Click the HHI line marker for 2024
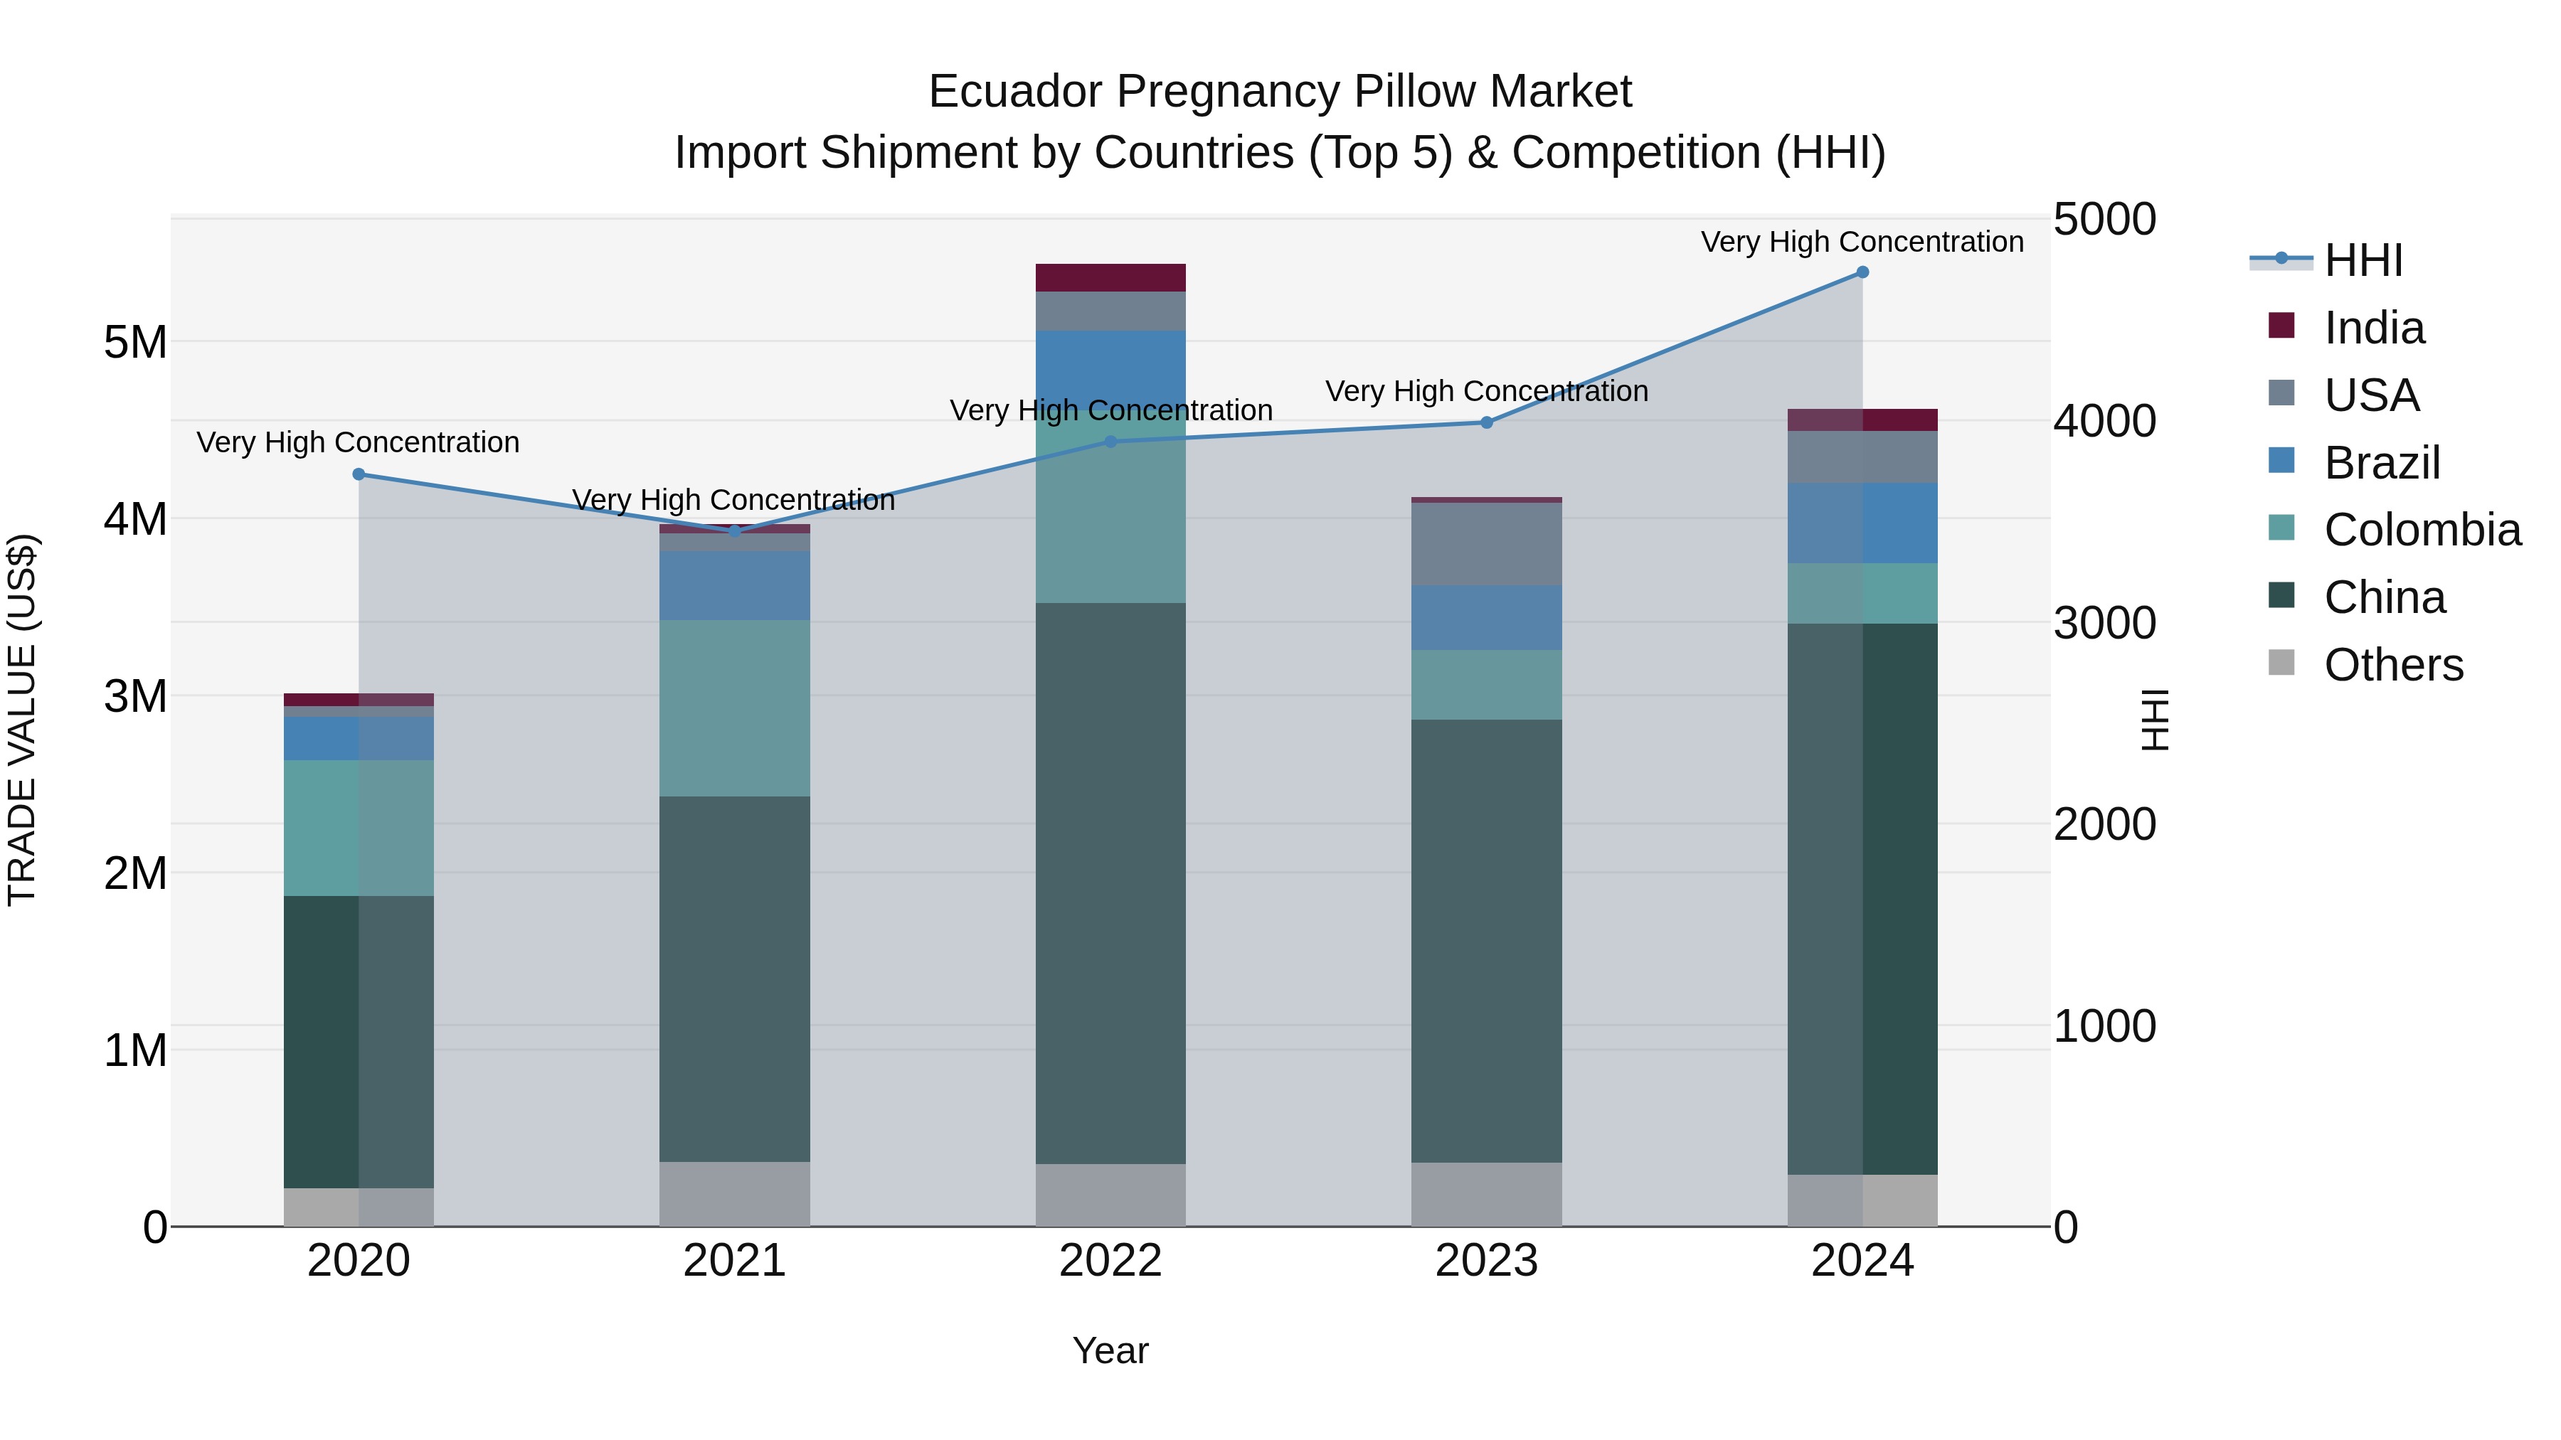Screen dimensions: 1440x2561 (1862, 272)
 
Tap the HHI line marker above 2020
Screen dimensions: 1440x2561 (359, 474)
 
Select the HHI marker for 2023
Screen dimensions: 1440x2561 (1486, 422)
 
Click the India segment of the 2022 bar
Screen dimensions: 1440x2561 (1110, 277)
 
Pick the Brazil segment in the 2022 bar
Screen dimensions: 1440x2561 (1110, 368)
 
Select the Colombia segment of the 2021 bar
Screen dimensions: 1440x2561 (735, 708)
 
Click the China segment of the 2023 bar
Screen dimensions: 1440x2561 (1486, 940)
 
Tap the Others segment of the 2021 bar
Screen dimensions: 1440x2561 (735, 1193)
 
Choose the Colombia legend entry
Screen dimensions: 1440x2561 (2422, 530)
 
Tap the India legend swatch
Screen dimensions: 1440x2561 (2281, 326)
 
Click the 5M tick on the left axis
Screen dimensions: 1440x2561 (135, 343)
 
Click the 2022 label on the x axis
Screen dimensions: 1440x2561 (1110, 1261)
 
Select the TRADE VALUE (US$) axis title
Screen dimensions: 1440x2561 (22, 720)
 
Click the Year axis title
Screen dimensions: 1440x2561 (1110, 1350)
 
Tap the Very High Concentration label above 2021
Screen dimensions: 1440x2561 (733, 500)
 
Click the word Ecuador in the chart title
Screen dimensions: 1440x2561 (1014, 92)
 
